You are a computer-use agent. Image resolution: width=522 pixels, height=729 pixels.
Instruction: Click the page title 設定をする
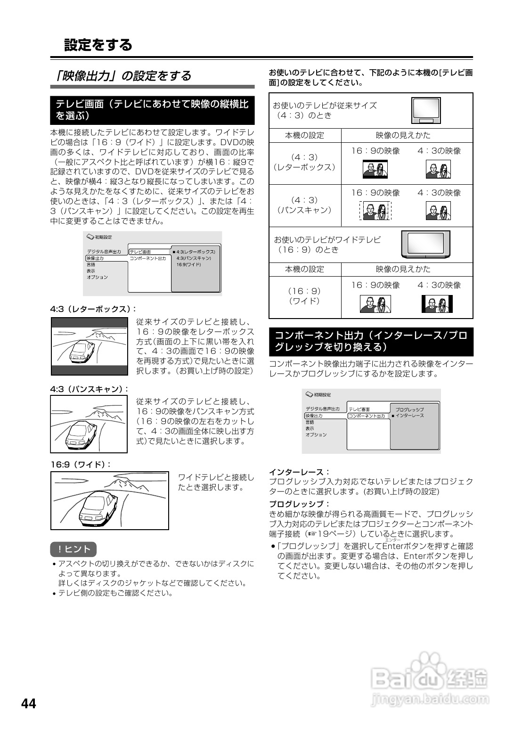click(98, 45)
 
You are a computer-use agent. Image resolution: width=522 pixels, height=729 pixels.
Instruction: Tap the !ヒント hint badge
click(73, 549)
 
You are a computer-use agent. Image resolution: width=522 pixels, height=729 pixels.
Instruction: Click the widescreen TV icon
click(425, 244)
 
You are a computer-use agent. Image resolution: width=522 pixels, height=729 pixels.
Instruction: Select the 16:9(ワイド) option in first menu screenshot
click(188, 265)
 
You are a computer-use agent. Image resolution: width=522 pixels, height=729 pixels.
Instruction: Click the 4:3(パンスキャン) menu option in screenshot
click(194, 259)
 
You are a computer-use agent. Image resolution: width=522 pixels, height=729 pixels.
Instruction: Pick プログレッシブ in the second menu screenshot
click(409, 410)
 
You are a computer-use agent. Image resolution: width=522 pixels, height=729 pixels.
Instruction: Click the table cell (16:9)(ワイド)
click(304, 296)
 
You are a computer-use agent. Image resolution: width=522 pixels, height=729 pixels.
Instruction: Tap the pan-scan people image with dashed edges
click(375, 211)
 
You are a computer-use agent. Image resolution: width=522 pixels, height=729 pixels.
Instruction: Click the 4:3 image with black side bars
click(437, 304)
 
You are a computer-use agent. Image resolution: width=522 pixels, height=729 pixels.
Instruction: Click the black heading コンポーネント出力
click(371, 342)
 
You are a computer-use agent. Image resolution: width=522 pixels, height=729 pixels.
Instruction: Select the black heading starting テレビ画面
click(152, 110)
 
